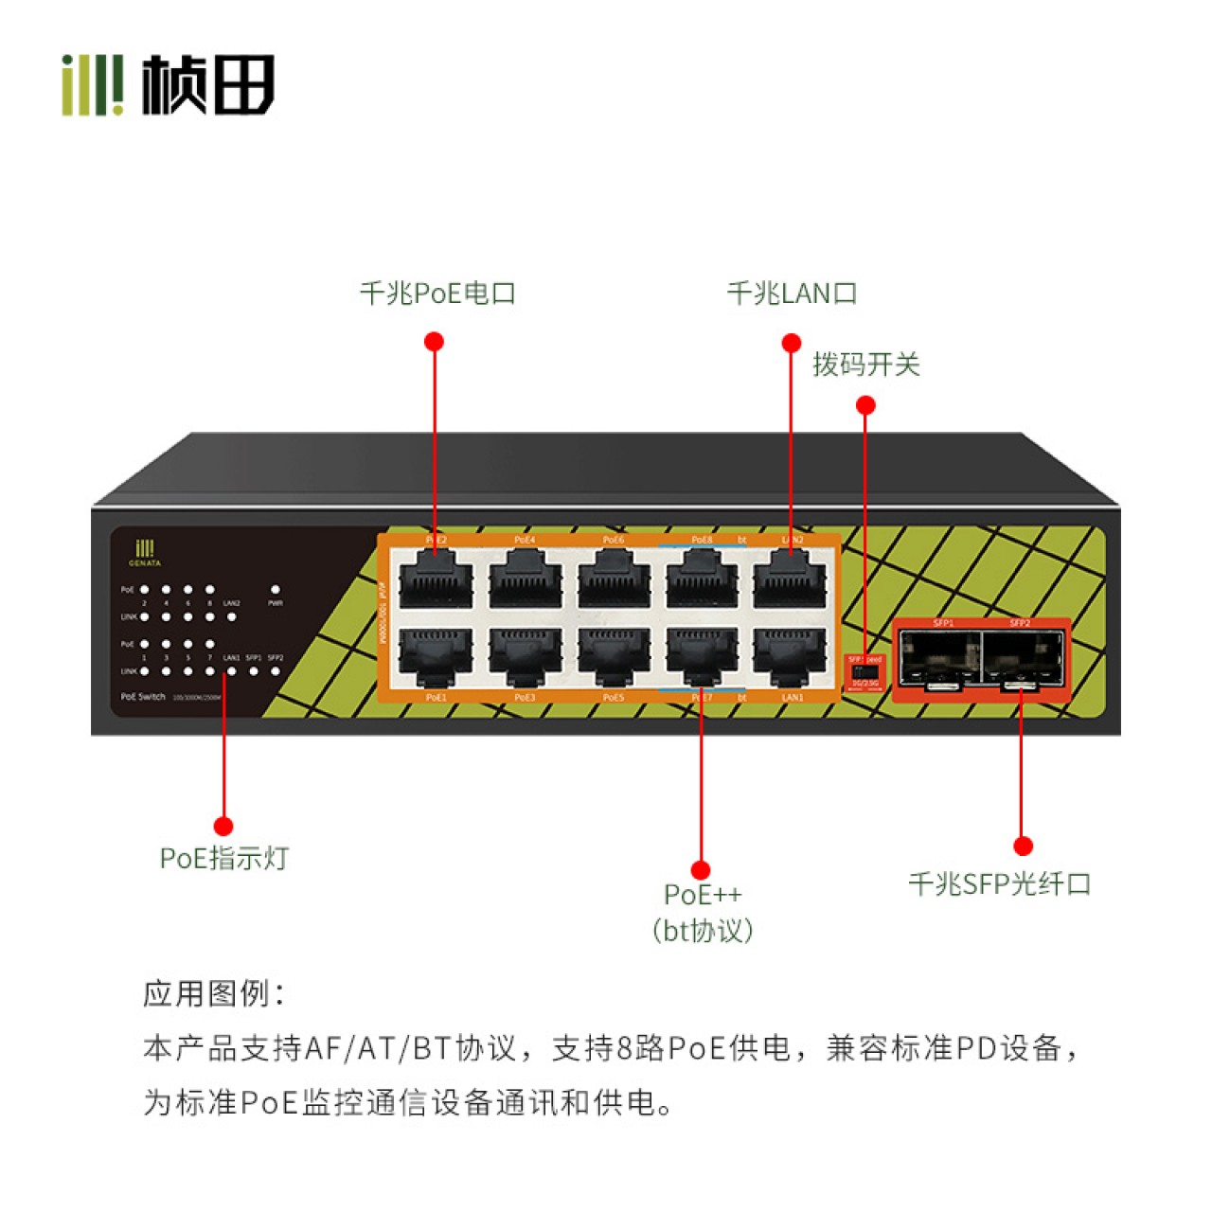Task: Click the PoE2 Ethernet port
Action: (x=436, y=579)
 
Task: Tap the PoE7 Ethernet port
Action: (x=702, y=655)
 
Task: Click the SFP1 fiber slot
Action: (x=941, y=658)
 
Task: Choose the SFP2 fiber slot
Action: (x=1023, y=658)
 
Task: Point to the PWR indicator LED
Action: (x=276, y=590)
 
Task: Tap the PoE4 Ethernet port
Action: (x=525, y=579)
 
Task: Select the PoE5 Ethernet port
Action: (x=614, y=655)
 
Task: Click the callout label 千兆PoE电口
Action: (x=437, y=294)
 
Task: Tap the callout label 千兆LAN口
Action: (x=792, y=294)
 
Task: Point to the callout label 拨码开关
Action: (x=865, y=365)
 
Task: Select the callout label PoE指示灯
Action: (x=223, y=859)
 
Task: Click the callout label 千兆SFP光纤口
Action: (x=1000, y=884)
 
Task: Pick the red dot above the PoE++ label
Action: (x=701, y=870)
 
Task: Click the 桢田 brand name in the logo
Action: (x=208, y=84)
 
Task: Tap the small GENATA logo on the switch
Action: (x=145, y=553)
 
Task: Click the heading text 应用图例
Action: (x=212, y=994)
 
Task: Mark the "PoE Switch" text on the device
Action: (x=143, y=697)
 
